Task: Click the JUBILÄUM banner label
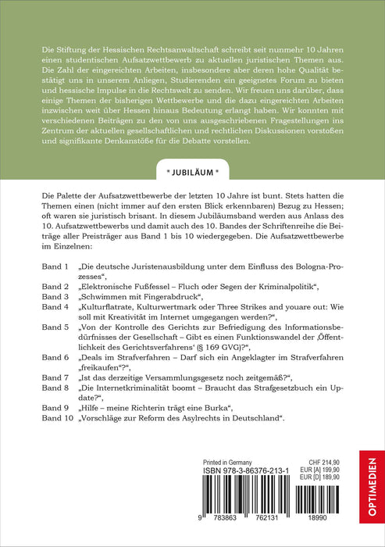(x=192, y=190)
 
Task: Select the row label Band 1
(x=57, y=266)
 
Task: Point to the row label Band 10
(x=59, y=420)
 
